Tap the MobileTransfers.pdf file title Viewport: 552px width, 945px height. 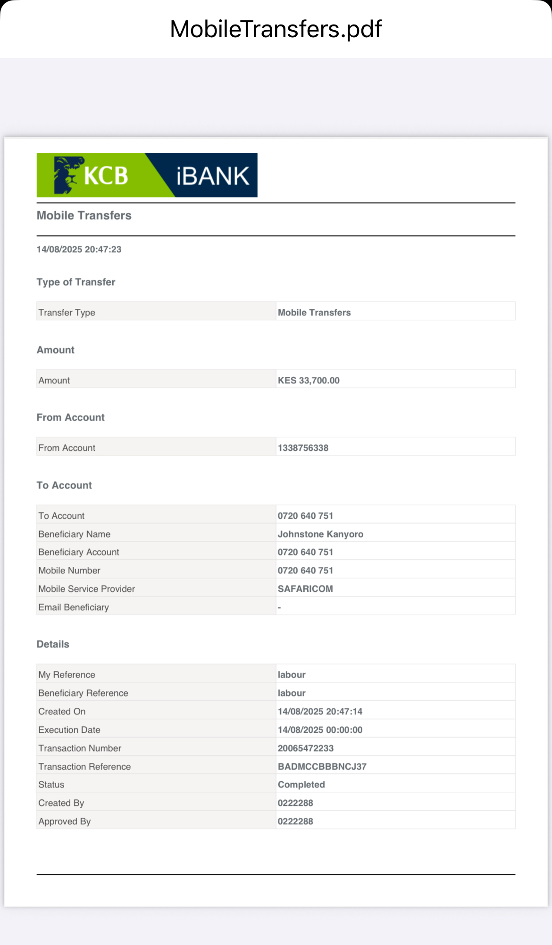(x=276, y=29)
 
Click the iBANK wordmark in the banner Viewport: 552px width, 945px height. (x=212, y=176)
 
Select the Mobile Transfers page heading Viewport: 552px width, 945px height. (x=84, y=216)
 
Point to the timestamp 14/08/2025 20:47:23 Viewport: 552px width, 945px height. (x=79, y=249)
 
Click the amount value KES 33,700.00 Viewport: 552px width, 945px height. (x=309, y=381)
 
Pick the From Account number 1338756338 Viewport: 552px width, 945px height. (x=303, y=448)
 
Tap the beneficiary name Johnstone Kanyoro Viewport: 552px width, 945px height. (x=320, y=534)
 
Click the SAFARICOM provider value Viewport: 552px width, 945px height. (x=305, y=589)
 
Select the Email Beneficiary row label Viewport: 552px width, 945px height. (x=74, y=607)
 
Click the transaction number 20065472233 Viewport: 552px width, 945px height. (x=305, y=748)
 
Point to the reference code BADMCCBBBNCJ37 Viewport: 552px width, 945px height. (x=322, y=767)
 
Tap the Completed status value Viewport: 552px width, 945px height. (x=301, y=785)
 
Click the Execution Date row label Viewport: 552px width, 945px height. (x=69, y=730)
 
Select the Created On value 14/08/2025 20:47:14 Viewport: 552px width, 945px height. (x=320, y=712)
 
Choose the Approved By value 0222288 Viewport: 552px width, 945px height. (x=295, y=821)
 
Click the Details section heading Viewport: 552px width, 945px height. (x=53, y=645)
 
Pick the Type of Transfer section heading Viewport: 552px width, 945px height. (x=76, y=282)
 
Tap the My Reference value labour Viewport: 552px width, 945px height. (x=292, y=675)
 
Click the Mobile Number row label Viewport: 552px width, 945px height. (x=69, y=571)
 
